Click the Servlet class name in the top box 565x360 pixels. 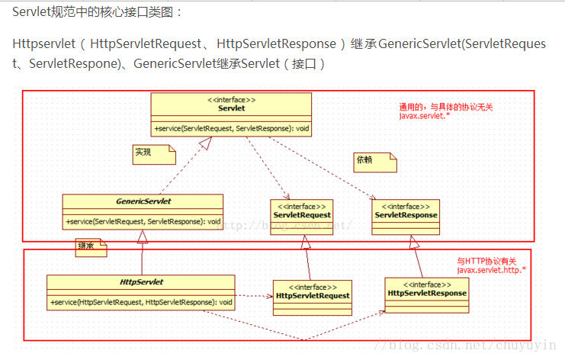tap(231, 109)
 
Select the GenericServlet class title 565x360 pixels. tap(143, 201)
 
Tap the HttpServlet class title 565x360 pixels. tap(142, 282)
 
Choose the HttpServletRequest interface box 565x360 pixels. tap(313, 296)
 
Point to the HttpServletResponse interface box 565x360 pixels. tap(427, 294)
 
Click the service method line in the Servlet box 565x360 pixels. tap(231, 127)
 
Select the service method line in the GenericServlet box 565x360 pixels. tap(143, 221)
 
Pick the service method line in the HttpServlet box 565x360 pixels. tap(142, 302)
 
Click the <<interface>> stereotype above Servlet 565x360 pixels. tap(231, 100)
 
